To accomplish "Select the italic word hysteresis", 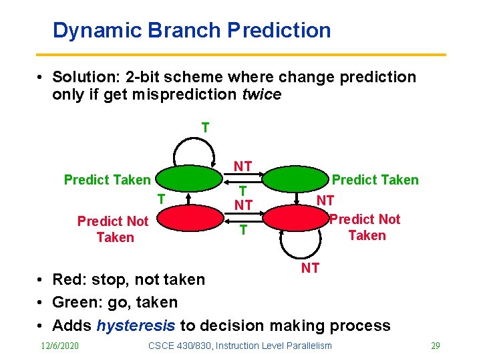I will (136, 326).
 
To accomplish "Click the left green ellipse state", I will (188, 179).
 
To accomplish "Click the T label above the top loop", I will (205, 127).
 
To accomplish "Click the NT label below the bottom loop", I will (310, 268).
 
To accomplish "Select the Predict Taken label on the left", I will (107, 180).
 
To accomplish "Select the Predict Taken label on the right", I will (375, 180).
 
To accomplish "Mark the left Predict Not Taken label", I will (113, 229).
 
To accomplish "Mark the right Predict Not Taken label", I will (365, 227).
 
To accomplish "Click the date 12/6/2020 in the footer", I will (59, 346).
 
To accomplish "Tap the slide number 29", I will (435, 346).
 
